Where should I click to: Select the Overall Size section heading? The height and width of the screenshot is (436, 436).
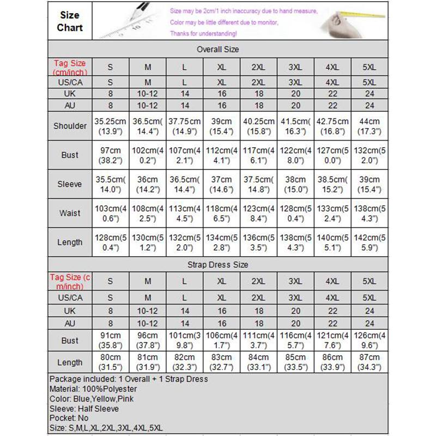(218, 49)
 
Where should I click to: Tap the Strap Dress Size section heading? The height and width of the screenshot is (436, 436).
(218, 265)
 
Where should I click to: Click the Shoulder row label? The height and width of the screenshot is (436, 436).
(70, 126)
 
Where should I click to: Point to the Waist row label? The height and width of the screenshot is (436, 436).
(70, 213)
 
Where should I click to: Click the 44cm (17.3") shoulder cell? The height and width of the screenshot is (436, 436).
(369, 126)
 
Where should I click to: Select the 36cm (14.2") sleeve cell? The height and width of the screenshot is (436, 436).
(147, 184)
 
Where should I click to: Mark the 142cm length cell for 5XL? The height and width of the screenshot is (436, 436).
(369, 242)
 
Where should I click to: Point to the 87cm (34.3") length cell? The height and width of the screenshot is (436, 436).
(369, 362)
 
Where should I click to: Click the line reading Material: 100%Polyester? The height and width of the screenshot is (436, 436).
(93, 389)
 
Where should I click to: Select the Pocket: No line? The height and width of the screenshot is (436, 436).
(68, 419)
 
